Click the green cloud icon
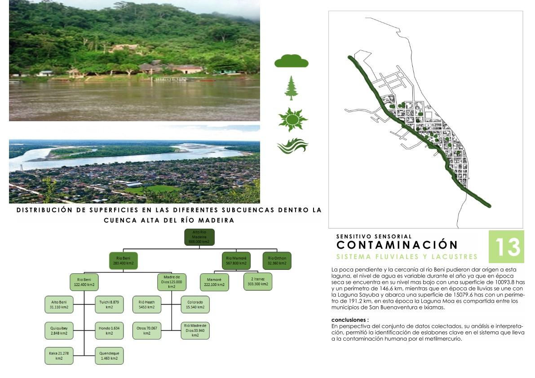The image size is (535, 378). (x=292, y=61)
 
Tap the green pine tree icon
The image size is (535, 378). (x=292, y=88)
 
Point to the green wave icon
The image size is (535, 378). (x=292, y=146)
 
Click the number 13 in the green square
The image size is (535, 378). (x=507, y=246)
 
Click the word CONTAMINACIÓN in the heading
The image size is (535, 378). (x=397, y=245)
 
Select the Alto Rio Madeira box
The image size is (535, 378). (x=199, y=237)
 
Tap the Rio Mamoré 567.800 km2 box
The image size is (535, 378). (x=236, y=260)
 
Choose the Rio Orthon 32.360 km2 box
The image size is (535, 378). (x=277, y=260)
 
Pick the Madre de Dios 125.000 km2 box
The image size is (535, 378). (x=171, y=281)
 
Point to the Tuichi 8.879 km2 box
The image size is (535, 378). (x=109, y=305)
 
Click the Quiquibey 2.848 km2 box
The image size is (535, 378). (x=59, y=330)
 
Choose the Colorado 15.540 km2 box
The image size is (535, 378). (x=195, y=305)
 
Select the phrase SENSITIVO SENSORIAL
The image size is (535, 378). (x=374, y=236)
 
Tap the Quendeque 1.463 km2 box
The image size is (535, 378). (x=109, y=356)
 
